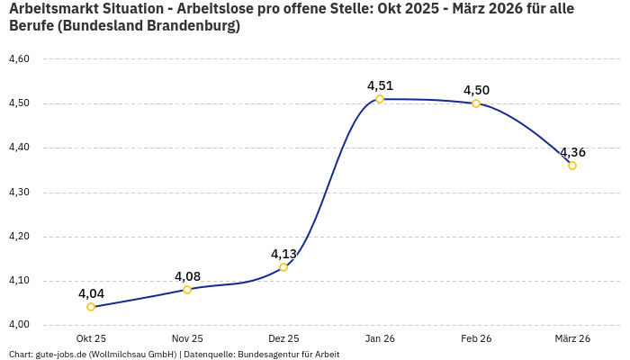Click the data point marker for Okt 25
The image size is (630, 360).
(91, 307)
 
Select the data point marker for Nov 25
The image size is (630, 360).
(187, 290)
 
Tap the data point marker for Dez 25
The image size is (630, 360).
(283, 267)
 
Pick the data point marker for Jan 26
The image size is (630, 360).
(380, 99)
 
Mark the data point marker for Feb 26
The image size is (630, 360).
(476, 103)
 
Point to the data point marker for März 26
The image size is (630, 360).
(572, 166)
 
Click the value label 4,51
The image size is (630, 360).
(380, 85)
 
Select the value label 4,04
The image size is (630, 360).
(91, 293)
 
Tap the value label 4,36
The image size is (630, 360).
(572, 152)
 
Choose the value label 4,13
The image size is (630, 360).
(283, 254)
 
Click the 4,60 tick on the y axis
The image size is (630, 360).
(19, 59)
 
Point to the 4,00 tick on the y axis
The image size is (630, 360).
(19, 325)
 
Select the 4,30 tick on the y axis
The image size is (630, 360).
(19, 193)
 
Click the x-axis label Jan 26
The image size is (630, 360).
(380, 338)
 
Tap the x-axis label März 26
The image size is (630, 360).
(572, 338)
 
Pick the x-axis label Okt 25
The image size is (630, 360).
(91, 338)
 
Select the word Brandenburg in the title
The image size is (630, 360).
(193, 26)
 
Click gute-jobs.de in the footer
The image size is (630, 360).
(61, 355)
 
